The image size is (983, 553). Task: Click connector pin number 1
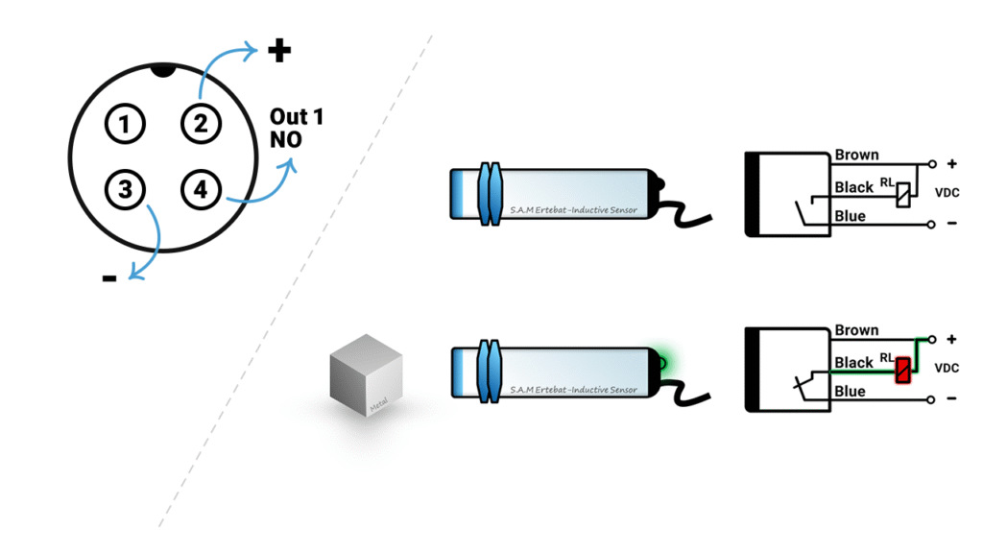(x=125, y=124)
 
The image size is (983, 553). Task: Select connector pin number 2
(x=200, y=124)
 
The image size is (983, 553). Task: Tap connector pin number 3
(x=125, y=189)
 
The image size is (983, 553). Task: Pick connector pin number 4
(x=200, y=189)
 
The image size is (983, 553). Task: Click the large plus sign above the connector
(x=279, y=50)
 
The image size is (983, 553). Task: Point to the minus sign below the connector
(x=109, y=278)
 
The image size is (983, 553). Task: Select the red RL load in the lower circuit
(x=903, y=370)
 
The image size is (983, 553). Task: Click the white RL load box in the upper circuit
(x=903, y=195)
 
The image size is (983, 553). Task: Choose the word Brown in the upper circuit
(x=856, y=155)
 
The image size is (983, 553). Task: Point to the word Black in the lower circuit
(x=853, y=362)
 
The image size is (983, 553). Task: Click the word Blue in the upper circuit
(x=850, y=216)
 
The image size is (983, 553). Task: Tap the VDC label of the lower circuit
(x=947, y=368)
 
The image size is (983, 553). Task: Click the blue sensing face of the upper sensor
(x=462, y=196)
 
